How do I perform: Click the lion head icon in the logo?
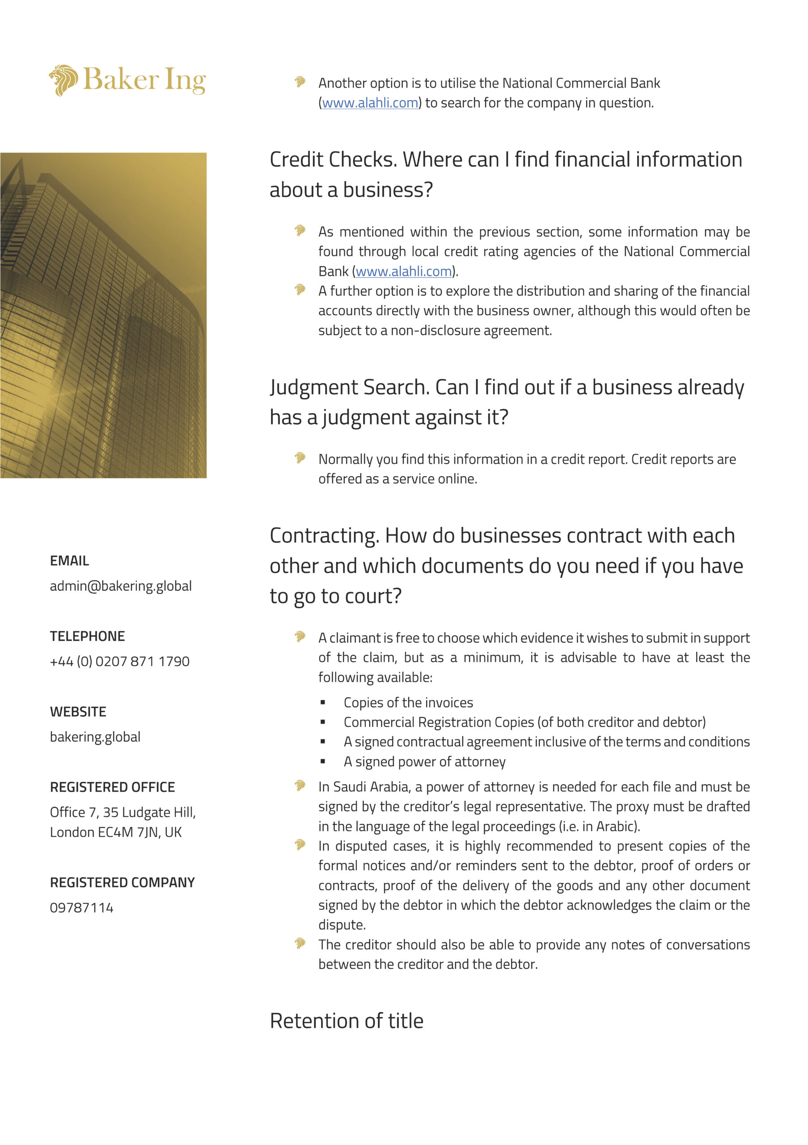click(63, 80)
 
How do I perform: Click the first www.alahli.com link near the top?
click(370, 103)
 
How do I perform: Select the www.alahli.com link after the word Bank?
click(403, 271)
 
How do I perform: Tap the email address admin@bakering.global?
click(121, 585)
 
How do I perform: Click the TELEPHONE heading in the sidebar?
click(87, 636)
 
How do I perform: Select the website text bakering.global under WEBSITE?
click(95, 737)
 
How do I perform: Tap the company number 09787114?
click(82, 908)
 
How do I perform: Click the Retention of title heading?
click(347, 1021)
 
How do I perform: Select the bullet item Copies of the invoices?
click(408, 702)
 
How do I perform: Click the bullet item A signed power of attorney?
click(424, 762)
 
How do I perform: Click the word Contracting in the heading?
click(324, 535)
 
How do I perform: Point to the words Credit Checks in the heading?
click(333, 160)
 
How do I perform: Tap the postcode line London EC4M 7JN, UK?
click(116, 832)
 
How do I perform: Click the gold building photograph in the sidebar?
click(103, 315)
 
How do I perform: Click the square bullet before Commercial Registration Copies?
click(323, 722)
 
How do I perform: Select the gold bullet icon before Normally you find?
click(300, 458)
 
